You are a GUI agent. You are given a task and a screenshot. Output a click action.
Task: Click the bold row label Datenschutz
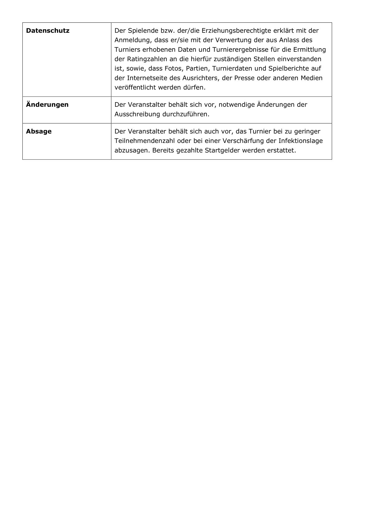48,31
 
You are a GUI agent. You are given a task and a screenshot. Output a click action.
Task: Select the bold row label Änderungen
47,105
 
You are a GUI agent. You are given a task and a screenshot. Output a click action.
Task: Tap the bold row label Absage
39,131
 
